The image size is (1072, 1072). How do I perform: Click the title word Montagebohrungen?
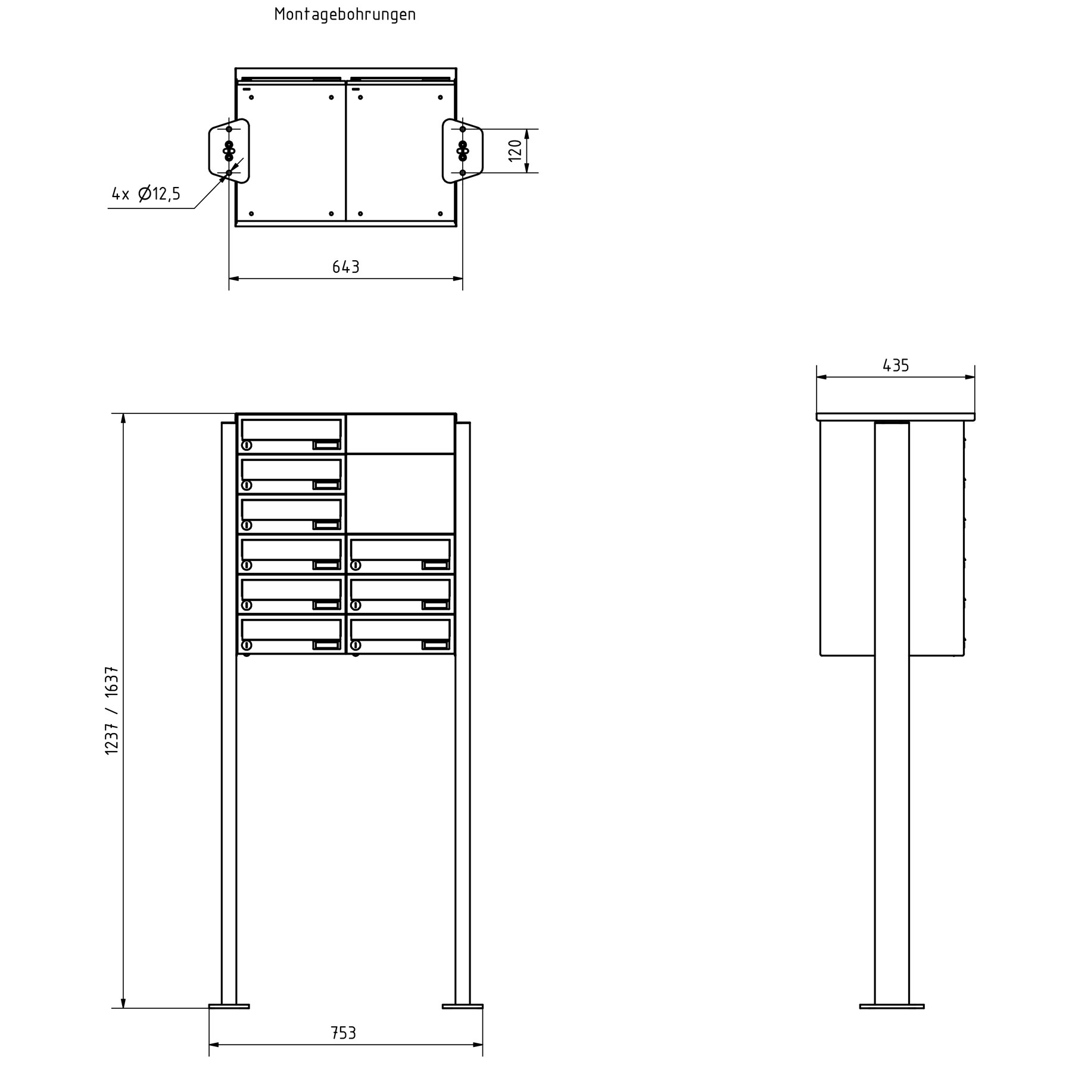(x=345, y=14)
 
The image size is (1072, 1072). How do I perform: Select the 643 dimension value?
(x=345, y=267)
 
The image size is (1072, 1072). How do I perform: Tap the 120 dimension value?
(x=516, y=151)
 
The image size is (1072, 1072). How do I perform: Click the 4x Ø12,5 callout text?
(x=146, y=194)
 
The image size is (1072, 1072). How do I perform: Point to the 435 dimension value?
(x=895, y=366)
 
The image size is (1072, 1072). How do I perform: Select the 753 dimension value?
(x=344, y=1033)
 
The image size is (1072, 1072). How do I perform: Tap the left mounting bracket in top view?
(x=228, y=151)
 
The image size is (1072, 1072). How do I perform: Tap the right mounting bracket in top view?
(x=463, y=151)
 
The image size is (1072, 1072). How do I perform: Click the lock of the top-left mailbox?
(x=247, y=445)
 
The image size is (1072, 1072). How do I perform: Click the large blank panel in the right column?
(x=400, y=494)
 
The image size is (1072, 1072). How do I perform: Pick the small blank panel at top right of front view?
(x=400, y=434)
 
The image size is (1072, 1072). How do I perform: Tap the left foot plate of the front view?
(x=229, y=1006)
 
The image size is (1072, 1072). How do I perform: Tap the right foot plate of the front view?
(x=463, y=1006)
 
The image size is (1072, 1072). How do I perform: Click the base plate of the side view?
(x=892, y=1006)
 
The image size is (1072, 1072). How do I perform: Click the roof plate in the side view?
(x=895, y=417)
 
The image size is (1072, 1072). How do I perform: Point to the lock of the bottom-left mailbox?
(x=247, y=645)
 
